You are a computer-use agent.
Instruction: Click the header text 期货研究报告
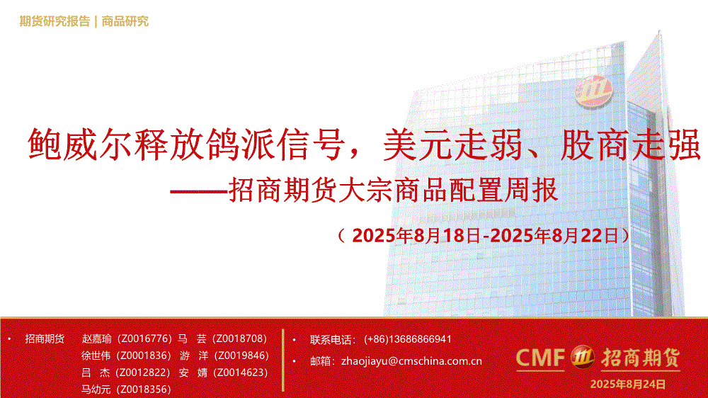(x=55, y=21)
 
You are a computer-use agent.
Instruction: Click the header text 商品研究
(x=125, y=21)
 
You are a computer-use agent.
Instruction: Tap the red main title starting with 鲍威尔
(x=364, y=144)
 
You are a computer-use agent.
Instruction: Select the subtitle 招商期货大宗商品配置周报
(x=393, y=190)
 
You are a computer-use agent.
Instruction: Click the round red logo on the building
(x=593, y=91)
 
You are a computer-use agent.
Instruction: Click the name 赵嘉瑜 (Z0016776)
(x=127, y=339)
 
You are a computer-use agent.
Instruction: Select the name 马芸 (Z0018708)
(x=222, y=339)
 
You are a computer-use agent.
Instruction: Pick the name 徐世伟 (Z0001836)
(x=127, y=356)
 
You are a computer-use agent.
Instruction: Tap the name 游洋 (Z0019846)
(x=224, y=356)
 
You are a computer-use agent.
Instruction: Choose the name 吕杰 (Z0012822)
(x=126, y=373)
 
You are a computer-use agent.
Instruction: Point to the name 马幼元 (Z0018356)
(x=126, y=390)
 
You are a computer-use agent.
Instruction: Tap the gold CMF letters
(x=540, y=358)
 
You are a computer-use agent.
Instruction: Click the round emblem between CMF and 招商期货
(x=583, y=357)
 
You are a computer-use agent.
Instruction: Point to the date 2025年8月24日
(x=627, y=385)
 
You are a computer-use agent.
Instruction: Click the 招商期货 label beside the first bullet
(x=45, y=339)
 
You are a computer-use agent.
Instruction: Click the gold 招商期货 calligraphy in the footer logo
(x=640, y=358)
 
